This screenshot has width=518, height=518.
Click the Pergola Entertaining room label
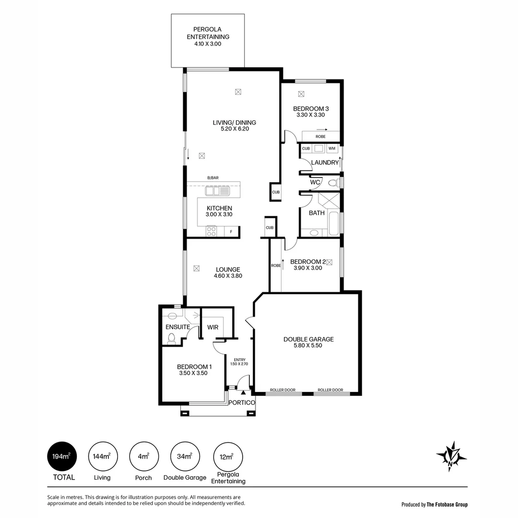pyautogui.click(x=208, y=33)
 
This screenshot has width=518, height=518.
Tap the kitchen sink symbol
pyautogui.click(x=218, y=191)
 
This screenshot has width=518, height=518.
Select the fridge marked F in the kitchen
pyautogui.click(x=232, y=232)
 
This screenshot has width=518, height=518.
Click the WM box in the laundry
pyautogui.click(x=332, y=149)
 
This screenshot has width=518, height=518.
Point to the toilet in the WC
pyautogui.click(x=332, y=183)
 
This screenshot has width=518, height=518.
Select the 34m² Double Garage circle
pyautogui.click(x=185, y=457)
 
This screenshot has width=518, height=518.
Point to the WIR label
pyautogui.click(x=213, y=327)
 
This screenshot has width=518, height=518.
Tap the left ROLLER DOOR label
pyautogui.click(x=283, y=390)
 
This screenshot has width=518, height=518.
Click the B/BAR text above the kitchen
pyautogui.click(x=213, y=178)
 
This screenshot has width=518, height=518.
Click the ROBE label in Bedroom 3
pyautogui.click(x=320, y=137)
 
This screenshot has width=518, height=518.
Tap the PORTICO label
pyautogui.click(x=241, y=402)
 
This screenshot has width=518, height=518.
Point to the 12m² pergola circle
pyautogui.click(x=228, y=457)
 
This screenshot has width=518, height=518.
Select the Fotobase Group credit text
pyautogui.click(x=434, y=504)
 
